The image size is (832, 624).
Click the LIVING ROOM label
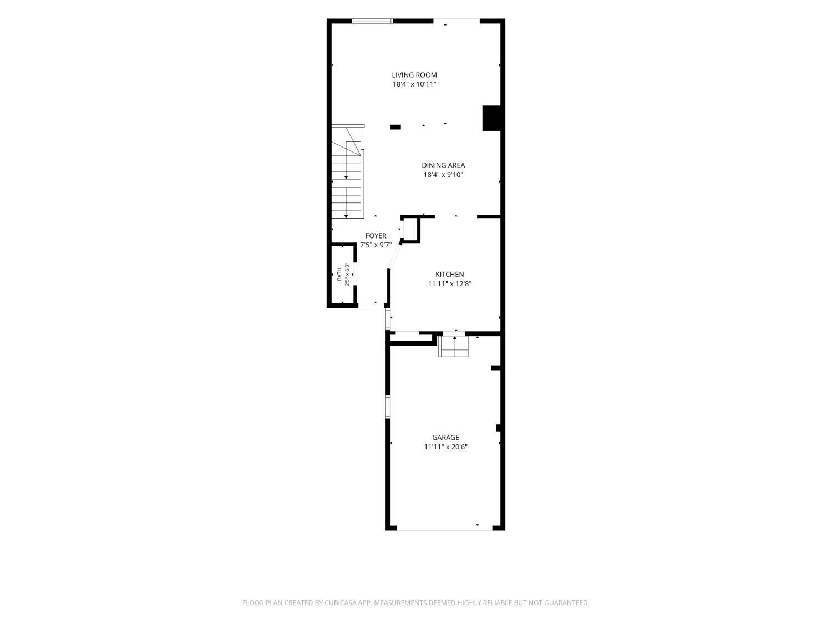[x=414, y=75]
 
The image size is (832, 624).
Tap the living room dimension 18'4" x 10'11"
[x=414, y=84]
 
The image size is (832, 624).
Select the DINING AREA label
[x=443, y=165]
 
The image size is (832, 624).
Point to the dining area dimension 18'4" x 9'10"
[x=443, y=175]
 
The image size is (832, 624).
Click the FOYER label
[x=376, y=236]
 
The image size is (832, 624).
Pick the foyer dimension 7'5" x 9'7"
[x=376, y=245]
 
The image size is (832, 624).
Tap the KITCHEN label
[x=449, y=275]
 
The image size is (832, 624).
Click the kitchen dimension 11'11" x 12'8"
[x=449, y=284]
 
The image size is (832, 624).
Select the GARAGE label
[x=445, y=437]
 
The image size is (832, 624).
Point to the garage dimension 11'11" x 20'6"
[x=445, y=447]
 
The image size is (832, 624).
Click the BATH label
[x=339, y=275]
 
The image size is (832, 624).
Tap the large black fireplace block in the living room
[x=491, y=118]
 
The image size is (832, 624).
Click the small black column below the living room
[x=395, y=127]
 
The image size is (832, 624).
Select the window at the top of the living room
[x=373, y=21]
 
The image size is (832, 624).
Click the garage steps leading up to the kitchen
[x=453, y=346]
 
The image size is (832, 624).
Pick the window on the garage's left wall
[x=388, y=407]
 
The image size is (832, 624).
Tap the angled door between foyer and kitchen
[x=394, y=256]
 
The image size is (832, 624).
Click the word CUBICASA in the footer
[x=340, y=602]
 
